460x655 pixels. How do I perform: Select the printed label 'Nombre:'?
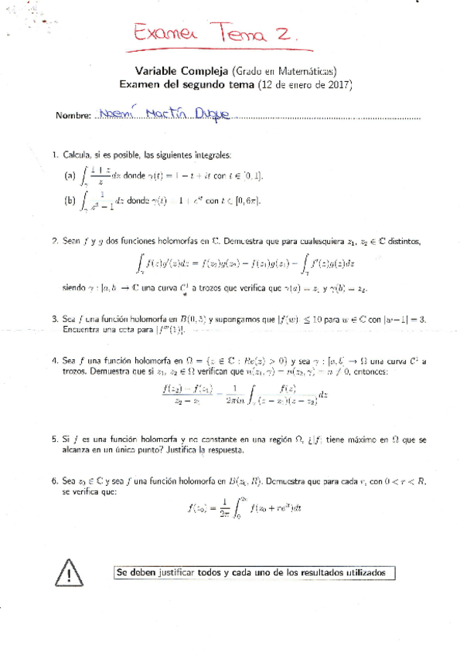[x=74, y=116]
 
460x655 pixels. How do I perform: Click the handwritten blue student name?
[x=164, y=114]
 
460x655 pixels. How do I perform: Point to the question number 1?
[x=54, y=155]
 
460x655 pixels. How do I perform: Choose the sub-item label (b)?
[x=70, y=201]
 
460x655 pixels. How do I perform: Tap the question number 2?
[x=54, y=241]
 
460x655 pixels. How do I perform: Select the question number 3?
[x=54, y=318]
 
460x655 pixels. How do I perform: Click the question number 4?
[x=54, y=361]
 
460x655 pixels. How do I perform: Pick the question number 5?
[x=54, y=439]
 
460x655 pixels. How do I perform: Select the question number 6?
[x=54, y=480]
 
